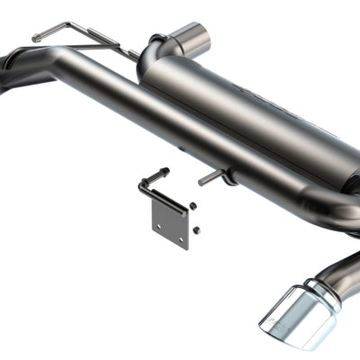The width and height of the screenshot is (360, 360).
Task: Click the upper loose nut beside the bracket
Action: pos(193,206)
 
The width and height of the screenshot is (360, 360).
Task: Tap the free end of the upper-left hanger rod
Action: pos(37,38)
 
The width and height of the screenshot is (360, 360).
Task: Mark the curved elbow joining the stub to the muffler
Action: pos(157,45)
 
